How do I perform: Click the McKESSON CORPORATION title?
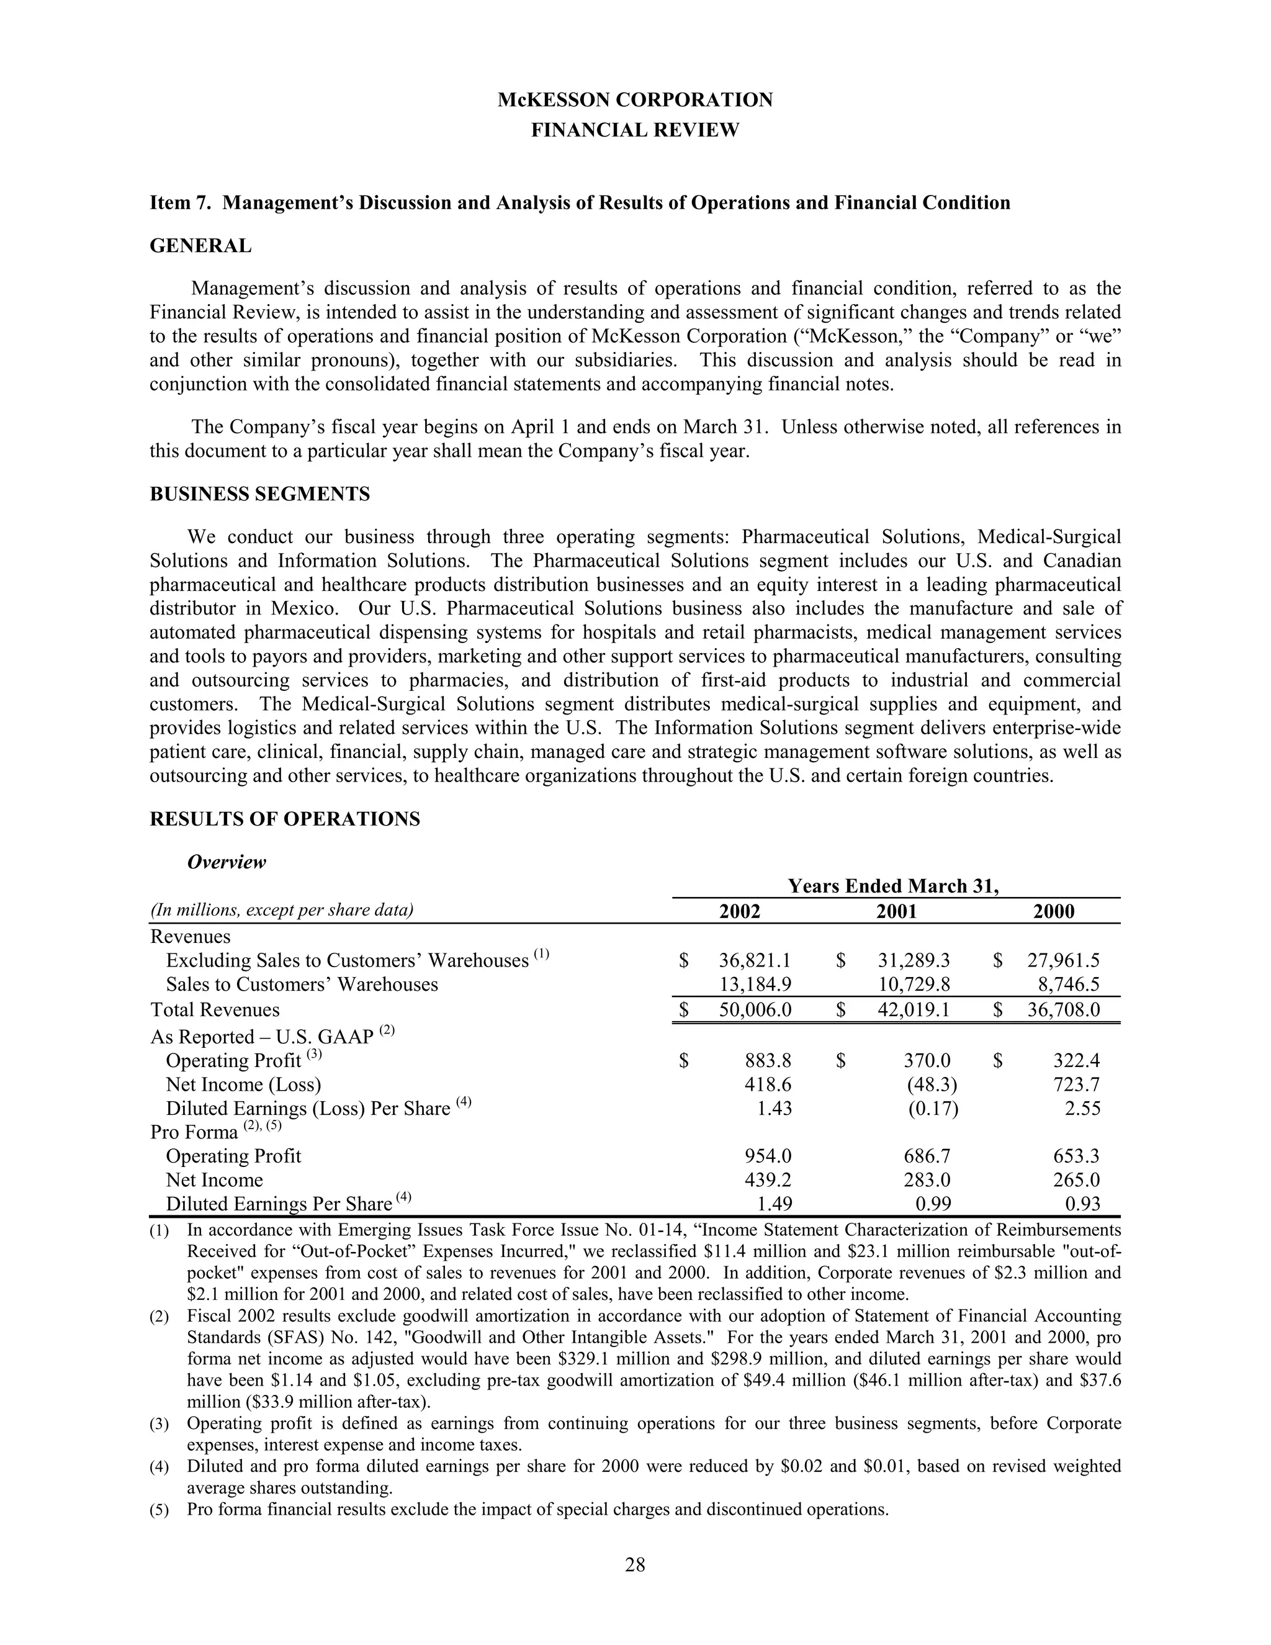(x=635, y=100)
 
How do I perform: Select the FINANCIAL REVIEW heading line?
(x=635, y=130)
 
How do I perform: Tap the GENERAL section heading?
(x=200, y=246)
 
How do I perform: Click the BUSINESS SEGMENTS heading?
(x=260, y=494)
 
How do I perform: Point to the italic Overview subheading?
(x=226, y=862)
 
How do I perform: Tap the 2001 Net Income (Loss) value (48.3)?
(x=932, y=1084)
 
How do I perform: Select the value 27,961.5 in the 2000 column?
(x=1063, y=960)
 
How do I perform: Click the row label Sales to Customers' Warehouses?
(x=301, y=985)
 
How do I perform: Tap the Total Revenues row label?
(x=215, y=1009)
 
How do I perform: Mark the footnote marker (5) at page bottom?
(x=159, y=1510)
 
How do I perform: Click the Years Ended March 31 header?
(x=893, y=886)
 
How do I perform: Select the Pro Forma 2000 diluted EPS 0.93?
(x=1083, y=1204)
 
